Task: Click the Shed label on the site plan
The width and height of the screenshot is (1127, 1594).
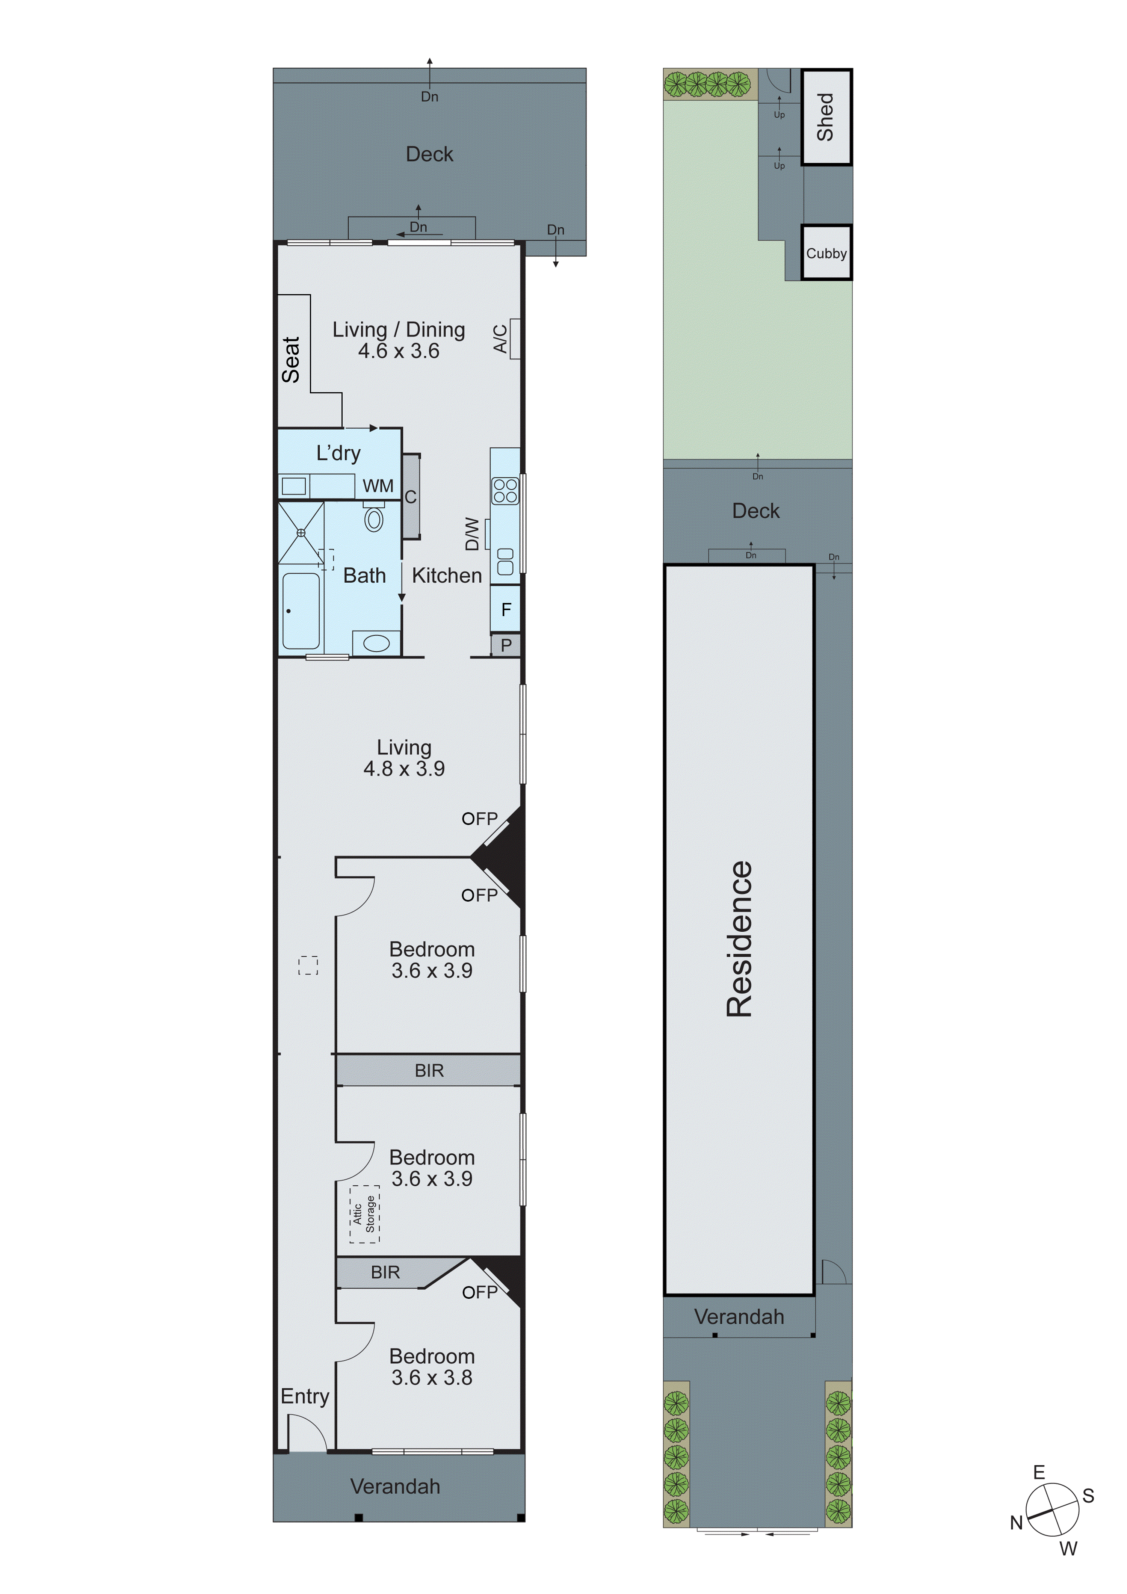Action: click(825, 116)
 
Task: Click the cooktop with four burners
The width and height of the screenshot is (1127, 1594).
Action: click(505, 491)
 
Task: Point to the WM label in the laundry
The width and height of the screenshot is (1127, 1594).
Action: click(378, 486)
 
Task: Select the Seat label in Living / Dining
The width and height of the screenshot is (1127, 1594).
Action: click(291, 360)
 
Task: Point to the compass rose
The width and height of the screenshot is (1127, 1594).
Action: click(1052, 1510)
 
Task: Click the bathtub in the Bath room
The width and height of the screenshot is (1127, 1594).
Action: click(301, 611)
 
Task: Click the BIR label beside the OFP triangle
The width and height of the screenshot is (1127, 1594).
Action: click(385, 1272)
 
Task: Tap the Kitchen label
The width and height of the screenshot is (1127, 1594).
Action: click(447, 576)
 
